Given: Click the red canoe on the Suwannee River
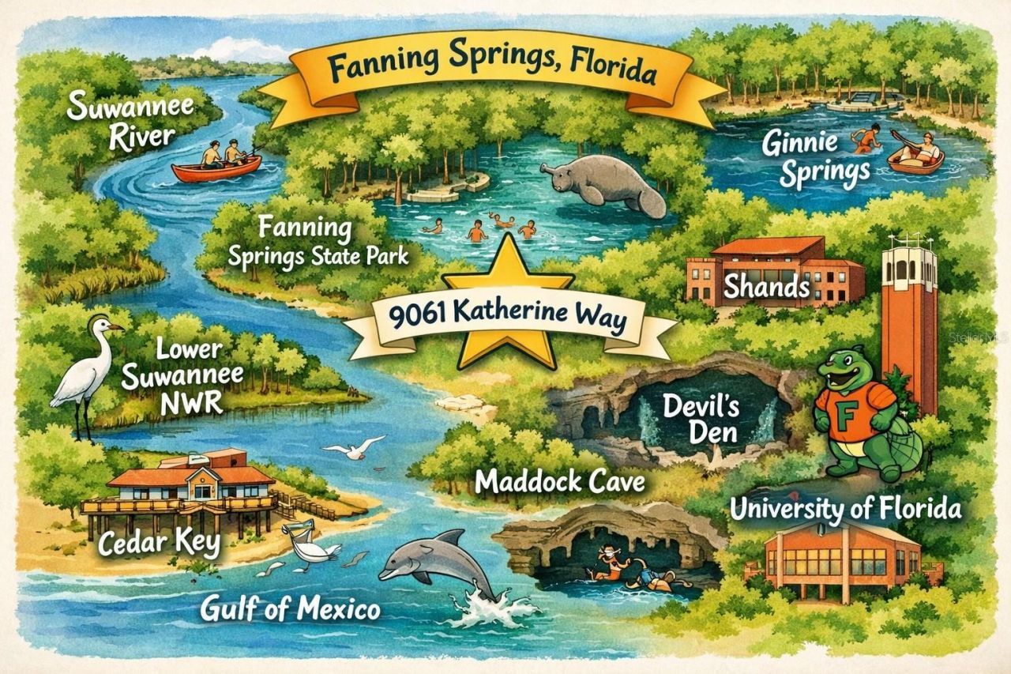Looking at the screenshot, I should pyautogui.click(x=216, y=168).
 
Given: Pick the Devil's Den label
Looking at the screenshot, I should pyautogui.click(x=701, y=420).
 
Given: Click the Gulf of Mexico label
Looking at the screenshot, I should pyautogui.click(x=290, y=608).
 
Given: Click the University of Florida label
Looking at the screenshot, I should pyautogui.click(x=844, y=509).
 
